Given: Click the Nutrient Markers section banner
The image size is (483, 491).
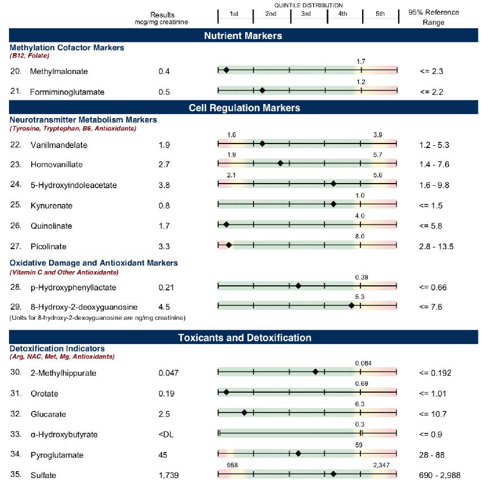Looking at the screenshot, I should click(x=243, y=36).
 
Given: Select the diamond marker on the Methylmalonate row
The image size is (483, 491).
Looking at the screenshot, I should click(x=226, y=70).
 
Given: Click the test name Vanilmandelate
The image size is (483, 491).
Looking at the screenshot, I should click(x=59, y=145).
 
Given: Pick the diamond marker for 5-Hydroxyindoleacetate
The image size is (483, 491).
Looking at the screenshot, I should click(x=333, y=184).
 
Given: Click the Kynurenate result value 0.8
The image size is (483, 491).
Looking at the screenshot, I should click(x=164, y=205).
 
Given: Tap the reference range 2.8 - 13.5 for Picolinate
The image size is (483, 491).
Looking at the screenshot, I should click(x=437, y=246).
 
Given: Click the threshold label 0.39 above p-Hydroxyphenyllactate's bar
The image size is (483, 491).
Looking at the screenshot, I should click(x=362, y=277).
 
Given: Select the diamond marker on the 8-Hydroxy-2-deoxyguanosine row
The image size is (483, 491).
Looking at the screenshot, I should click(x=351, y=306).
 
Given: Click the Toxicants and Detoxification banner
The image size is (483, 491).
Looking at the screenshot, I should click(x=244, y=338).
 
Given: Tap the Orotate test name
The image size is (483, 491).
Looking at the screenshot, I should click(x=44, y=393).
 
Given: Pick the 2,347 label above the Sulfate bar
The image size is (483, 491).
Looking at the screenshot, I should click(x=381, y=465).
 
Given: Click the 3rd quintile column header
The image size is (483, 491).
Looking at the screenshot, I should click(x=306, y=14).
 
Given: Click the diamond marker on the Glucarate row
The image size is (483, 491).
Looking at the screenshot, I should click(x=244, y=412).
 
